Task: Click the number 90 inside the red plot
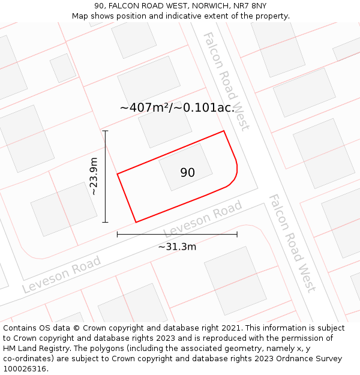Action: point(187,173)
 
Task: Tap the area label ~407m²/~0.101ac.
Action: point(177,108)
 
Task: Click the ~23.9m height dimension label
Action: point(94,176)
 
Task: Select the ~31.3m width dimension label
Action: point(177,246)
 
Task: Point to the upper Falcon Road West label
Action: point(226,81)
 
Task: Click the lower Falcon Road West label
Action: point(292,242)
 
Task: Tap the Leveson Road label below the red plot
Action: point(203,219)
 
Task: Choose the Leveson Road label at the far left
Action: point(61,275)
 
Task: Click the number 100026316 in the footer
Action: point(24,369)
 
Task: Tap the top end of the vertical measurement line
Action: point(106,131)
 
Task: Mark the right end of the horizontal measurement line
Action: point(237,234)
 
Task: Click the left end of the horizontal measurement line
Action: point(118,234)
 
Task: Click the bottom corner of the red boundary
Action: point(136,222)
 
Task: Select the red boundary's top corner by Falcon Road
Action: point(224,131)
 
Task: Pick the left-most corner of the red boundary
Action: point(118,174)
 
